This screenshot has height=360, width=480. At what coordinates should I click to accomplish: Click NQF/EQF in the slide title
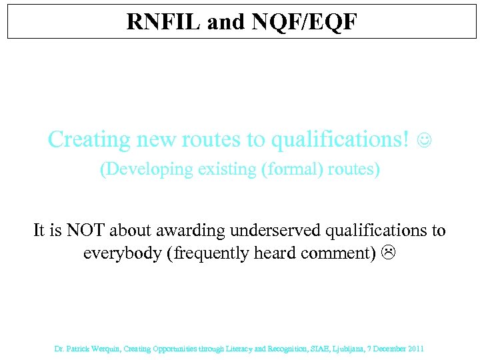[305, 22]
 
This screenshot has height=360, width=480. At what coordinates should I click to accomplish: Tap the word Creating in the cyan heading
[89, 139]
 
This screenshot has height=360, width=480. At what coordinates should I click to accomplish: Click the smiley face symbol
[424, 141]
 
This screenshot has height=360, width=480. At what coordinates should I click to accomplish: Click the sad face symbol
[389, 254]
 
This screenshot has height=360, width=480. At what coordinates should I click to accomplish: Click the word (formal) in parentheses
[293, 169]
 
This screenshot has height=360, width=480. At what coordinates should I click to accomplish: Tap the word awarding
[193, 231]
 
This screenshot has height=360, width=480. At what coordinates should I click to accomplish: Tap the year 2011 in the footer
[414, 349]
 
